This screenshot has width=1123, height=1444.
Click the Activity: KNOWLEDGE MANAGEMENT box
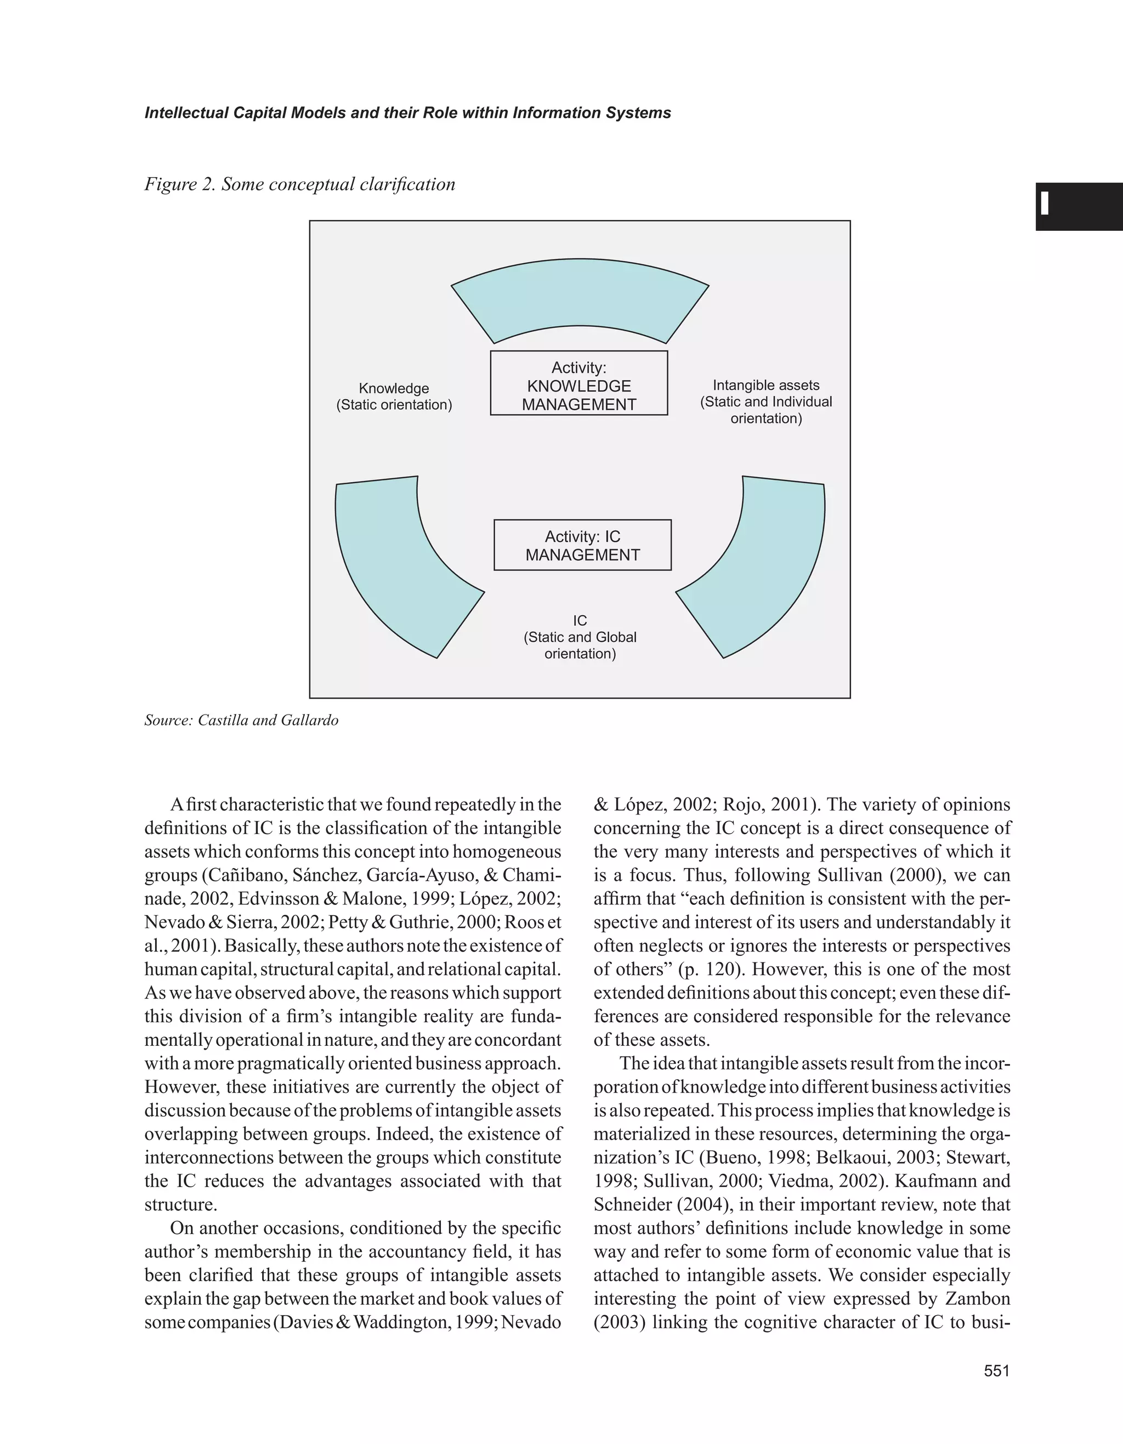coord(578,383)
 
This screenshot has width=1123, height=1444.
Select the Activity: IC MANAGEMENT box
coord(582,545)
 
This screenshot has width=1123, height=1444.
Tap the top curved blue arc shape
coord(580,298)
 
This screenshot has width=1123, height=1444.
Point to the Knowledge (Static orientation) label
coord(394,397)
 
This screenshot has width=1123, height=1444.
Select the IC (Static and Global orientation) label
coord(580,637)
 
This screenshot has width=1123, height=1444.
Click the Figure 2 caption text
coord(299,184)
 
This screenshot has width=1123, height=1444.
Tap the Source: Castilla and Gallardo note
coord(241,720)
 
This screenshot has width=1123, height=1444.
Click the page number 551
coord(997,1371)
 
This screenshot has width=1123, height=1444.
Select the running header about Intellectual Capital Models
coord(407,113)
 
